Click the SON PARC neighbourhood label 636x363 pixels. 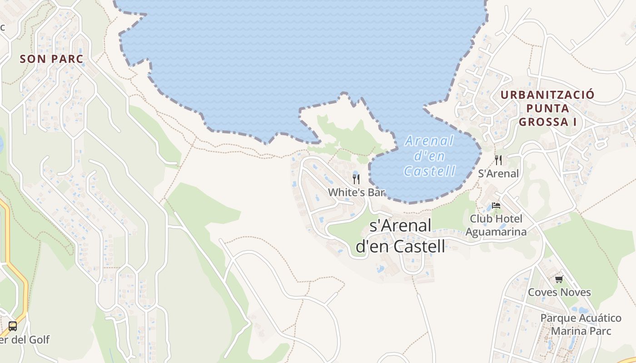pos(52,59)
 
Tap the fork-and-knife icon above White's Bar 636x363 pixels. pos(356,179)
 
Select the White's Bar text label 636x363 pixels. pos(357,192)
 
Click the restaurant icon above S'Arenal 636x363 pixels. pos(498,160)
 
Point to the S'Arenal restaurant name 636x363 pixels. pos(498,173)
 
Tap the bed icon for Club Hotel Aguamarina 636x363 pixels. pos(496,206)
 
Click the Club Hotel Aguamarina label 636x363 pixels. pos(496,225)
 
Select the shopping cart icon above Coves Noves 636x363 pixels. pos(559,279)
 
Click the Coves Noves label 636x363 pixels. pos(559,292)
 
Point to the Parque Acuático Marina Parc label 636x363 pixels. pos(581,324)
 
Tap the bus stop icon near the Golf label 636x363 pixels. pos(13,326)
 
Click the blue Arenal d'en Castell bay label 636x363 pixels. pos(429,156)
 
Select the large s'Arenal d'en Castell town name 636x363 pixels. pos(400,236)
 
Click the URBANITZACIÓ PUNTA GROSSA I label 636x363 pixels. pos(547,108)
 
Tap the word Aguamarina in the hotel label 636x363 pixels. pos(496,232)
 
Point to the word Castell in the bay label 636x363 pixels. pos(429,171)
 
